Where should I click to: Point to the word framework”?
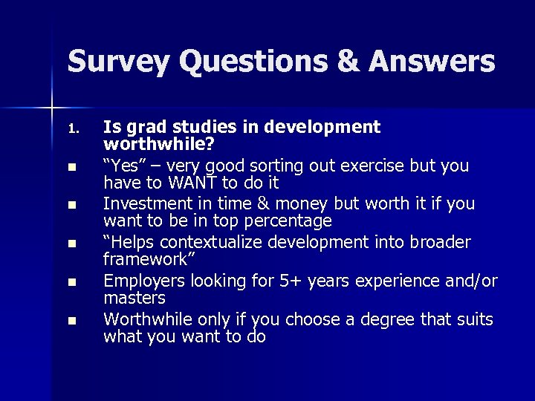tap(145, 260)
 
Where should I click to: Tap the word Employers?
tap(143, 280)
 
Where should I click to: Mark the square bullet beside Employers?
tap(71, 282)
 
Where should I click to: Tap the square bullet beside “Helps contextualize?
tap(71, 244)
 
